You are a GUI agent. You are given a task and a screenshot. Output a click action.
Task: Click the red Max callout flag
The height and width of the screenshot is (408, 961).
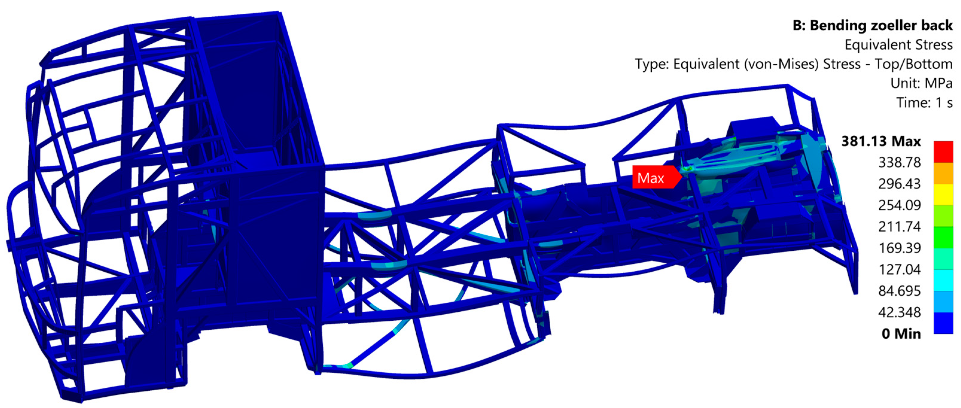click(x=657, y=177)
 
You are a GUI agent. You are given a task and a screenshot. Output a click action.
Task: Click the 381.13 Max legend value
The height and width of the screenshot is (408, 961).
click(x=881, y=141)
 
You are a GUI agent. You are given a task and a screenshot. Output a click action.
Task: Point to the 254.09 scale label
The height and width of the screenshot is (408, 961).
click(x=899, y=205)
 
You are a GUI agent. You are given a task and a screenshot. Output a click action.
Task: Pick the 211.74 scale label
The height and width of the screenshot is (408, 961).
click(x=899, y=227)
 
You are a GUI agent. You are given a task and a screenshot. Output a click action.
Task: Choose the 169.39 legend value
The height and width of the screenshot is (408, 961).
click(x=899, y=248)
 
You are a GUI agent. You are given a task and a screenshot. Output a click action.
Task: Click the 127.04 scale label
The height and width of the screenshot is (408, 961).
click(x=899, y=270)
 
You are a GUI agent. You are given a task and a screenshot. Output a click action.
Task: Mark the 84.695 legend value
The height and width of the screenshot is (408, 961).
click(x=899, y=291)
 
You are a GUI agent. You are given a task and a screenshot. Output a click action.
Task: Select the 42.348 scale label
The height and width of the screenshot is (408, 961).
click(x=899, y=312)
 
